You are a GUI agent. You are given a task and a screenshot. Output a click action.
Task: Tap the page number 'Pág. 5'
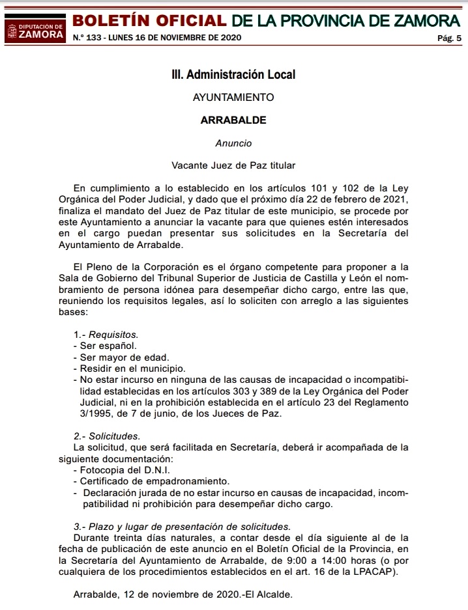click(x=449, y=38)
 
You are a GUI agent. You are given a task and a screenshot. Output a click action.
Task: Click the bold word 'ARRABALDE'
click(x=233, y=120)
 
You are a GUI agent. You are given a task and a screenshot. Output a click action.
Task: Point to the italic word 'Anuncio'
click(x=233, y=143)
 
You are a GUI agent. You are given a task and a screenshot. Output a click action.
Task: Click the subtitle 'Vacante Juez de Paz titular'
click(x=233, y=165)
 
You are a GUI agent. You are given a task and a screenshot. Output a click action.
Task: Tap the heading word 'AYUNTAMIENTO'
click(x=233, y=98)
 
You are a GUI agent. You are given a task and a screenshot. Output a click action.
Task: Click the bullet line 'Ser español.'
click(x=108, y=346)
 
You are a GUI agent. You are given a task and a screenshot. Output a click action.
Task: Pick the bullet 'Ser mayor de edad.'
click(x=121, y=357)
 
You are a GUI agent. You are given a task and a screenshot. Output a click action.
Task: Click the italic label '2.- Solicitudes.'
click(x=107, y=436)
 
